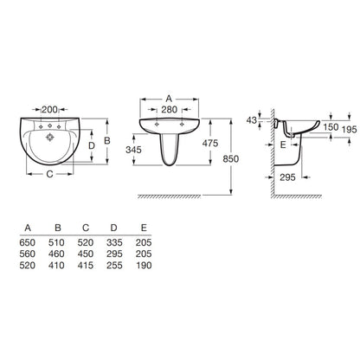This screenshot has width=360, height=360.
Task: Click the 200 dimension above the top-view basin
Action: [x=49, y=110]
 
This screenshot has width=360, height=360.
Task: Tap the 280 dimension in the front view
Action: [x=169, y=110]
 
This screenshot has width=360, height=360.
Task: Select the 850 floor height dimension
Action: [x=231, y=158]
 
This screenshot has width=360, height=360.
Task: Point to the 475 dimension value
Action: [x=210, y=143]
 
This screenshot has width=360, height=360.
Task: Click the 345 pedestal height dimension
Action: [x=134, y=150]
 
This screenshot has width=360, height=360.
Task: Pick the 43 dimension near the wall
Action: [x=251, y=120]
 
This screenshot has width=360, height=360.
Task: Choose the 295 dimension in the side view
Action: [x=287, y=177]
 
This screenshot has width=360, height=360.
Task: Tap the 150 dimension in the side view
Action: [x=331, y=127]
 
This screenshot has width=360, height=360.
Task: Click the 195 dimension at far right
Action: [x=350, y=130]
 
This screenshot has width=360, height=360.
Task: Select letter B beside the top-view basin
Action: [x=107, y=141]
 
